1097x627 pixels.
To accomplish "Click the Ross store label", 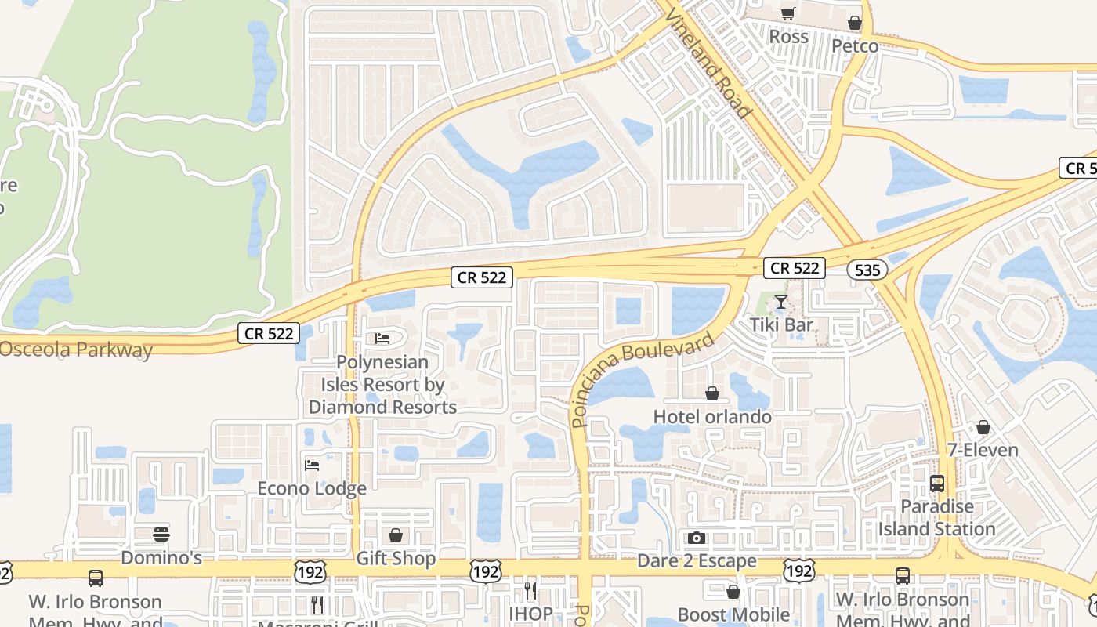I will tap(788, 37).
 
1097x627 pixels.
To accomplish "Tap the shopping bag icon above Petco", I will tap(855, 24).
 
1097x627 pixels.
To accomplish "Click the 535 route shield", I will tap(867, 270).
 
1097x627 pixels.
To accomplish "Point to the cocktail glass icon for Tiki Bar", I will tap(780, 302).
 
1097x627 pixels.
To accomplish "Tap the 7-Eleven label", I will tap(982, 450).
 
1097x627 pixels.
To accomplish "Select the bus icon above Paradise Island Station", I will tap(937, 484).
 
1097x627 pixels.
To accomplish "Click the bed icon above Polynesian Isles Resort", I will tap(382, 339).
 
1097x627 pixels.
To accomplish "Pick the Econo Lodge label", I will tap(312, 488).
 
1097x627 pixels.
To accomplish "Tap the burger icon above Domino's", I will tap(161, 535).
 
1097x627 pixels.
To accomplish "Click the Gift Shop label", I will tap(396, 558).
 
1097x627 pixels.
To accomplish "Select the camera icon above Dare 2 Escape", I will tap(696, 538).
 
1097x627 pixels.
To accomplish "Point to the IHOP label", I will tap(530, 613).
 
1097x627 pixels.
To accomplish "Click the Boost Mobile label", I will tap(733, 614).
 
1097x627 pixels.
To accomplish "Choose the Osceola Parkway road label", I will tap(76, 350).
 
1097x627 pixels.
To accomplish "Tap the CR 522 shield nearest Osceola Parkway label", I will tap(269, 334).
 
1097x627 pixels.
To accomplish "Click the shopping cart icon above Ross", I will tap(787, 13).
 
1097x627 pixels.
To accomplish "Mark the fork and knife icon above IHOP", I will tap(530, 590).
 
